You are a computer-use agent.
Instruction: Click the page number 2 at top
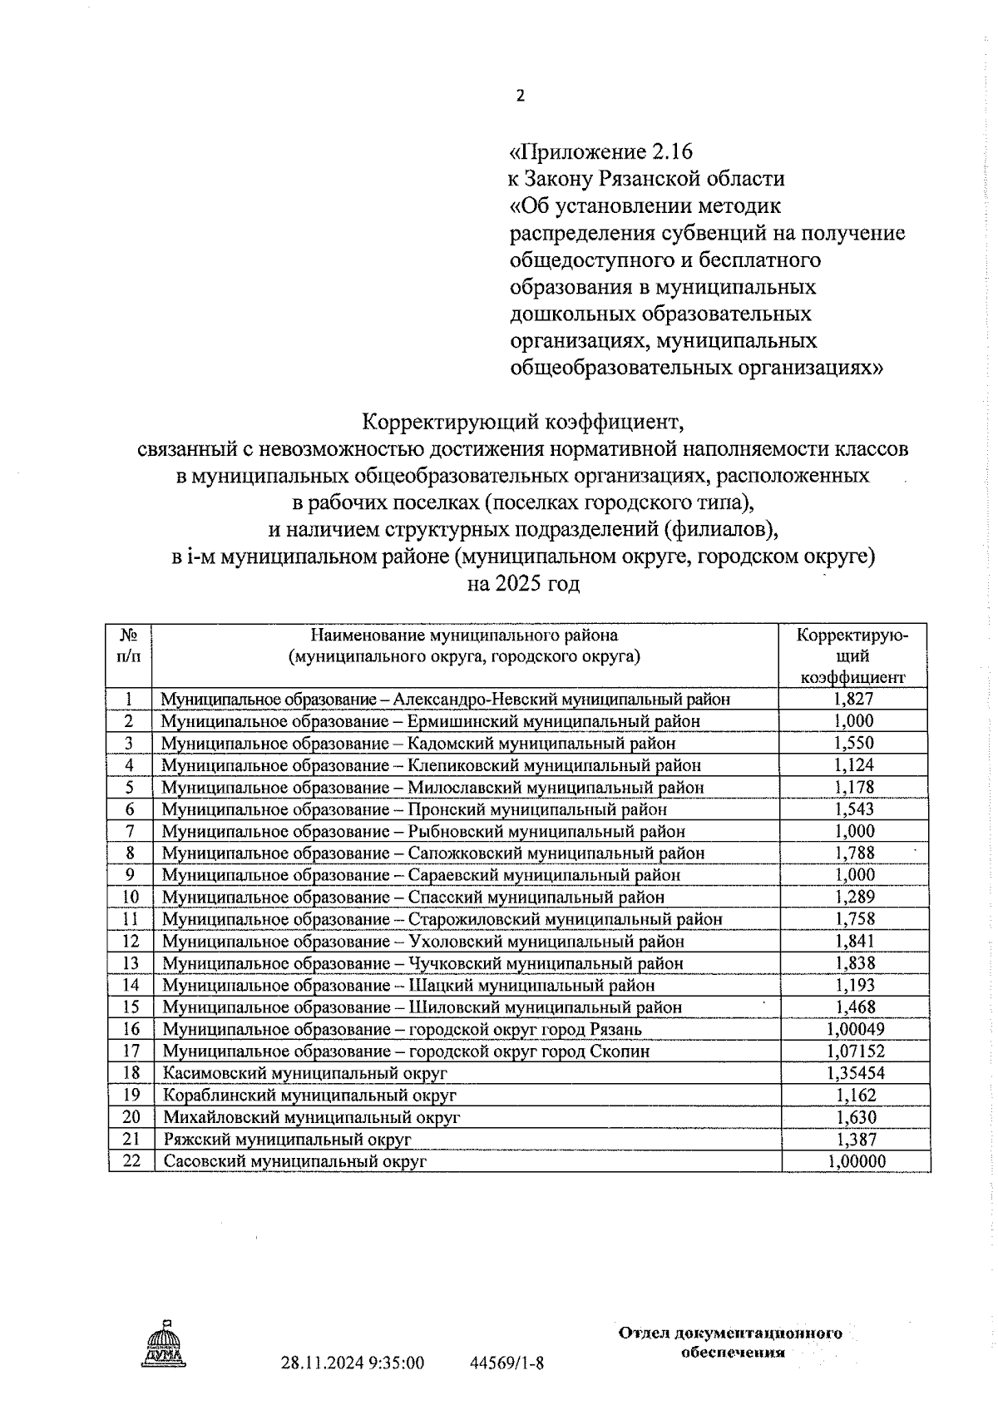(x=521, y=96)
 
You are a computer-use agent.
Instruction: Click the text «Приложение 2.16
(x=600, y=151)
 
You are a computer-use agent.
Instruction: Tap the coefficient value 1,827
(x=853, y=699)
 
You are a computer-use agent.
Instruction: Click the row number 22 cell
(x=131, y=1161)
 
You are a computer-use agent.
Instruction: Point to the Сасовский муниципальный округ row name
(x=294, y=1161)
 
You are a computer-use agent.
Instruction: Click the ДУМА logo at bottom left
(x=163, y=1346)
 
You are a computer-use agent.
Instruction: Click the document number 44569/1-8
(x=507, y=1363)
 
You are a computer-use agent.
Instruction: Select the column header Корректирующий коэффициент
(x=852, y=656)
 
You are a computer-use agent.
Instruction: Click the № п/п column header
(x=129, y=646)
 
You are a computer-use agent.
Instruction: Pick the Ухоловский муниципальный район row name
(x=422, y=942)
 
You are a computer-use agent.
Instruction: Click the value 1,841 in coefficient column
(x=854, y=942)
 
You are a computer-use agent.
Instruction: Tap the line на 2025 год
(x=523, y=584)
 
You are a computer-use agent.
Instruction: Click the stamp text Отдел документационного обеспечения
(x=730, y=1343)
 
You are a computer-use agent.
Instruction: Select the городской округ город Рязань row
(x=402, y=1030)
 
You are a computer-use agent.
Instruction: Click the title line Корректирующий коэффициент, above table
(x=523, y=422)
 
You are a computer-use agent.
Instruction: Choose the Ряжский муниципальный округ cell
(x=287, y=1140)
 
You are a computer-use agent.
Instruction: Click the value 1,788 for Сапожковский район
(x=854, y=853)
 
